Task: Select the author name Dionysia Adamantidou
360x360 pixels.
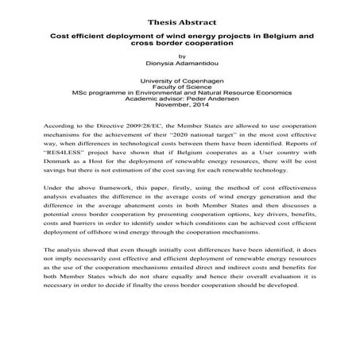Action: pos(180,64)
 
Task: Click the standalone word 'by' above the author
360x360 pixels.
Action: pos(180,56)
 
